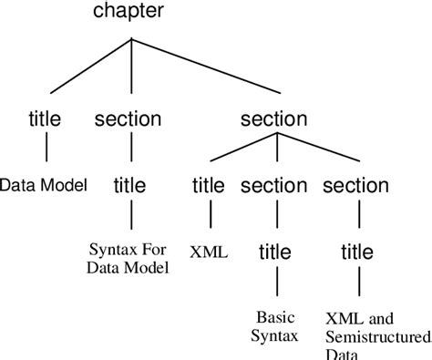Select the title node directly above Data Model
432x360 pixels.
pyautogui.click(x=45, y=118)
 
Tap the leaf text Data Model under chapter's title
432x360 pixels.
pyautogui.click(x=44, y=185)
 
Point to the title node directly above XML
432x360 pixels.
pyautogui.click(x=209, y=185)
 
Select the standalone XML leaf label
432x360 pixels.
pyautogui.click(x=209, y=249)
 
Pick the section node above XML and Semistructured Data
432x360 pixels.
pyautogui.click(x=356, y=185)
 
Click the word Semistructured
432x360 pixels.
pyautogui.click(x=370, y=337)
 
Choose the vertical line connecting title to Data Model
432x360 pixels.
pyautogui.click(x=45, y=149)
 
